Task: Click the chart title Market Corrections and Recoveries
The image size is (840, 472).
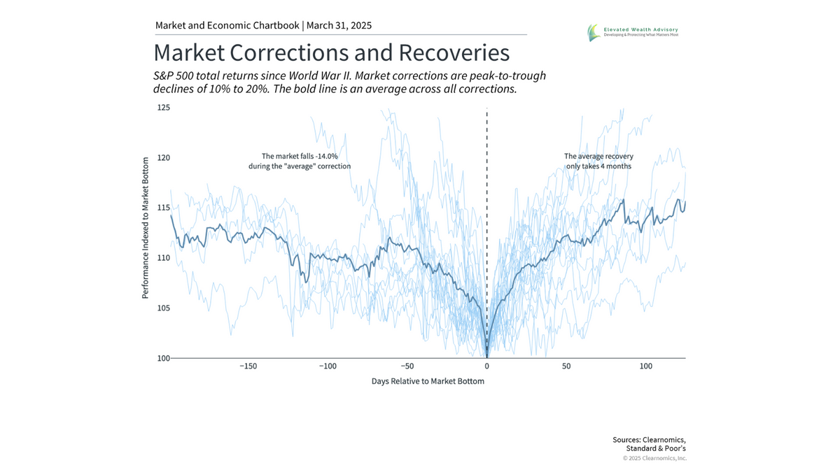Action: pos(331,53)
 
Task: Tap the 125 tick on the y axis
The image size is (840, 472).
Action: pos(163,108)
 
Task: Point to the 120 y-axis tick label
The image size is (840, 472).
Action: pos(163,158)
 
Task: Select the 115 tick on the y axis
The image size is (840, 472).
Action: pos(163,208)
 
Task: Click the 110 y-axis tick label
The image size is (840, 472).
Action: pos(163,258)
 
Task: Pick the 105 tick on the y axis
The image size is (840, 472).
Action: pos(163,308)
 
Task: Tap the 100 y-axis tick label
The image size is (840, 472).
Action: pos(163,358)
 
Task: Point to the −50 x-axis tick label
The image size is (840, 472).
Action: pos(407,366)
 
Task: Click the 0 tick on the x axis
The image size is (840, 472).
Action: pos(486,366)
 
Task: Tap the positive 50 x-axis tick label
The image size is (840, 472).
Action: pos(566,366)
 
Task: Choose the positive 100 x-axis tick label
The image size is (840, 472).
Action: pos(646,366)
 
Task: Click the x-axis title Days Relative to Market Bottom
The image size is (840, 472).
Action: pos(428,382)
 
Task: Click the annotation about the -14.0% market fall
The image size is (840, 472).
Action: pos(300,162)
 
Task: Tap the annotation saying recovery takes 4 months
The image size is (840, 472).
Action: pos(598,162)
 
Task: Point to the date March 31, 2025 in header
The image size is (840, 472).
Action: pos(339,26)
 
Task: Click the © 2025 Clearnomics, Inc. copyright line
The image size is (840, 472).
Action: pos(654,458)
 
